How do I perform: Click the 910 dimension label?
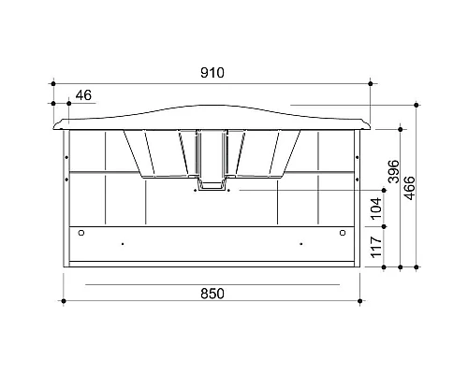(212, 73)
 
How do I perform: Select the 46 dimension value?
(83, 95)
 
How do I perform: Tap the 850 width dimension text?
(212, 294)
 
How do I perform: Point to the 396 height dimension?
(394, 171)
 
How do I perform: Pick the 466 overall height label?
(409, 188)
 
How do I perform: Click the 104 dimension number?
(376, 209)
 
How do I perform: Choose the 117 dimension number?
(376, 247)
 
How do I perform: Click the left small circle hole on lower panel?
(81, 233)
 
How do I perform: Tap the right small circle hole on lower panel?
(343, 233)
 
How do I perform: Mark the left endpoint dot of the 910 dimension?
(53, 83)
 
